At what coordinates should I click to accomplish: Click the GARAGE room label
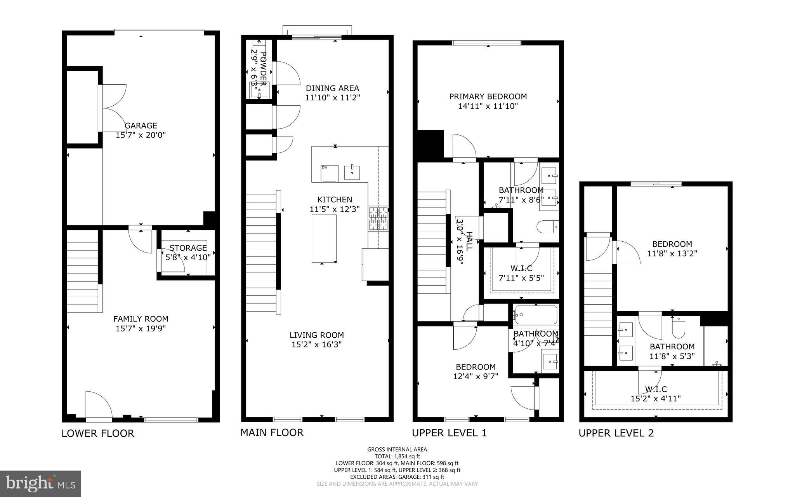click(x=141, y=126)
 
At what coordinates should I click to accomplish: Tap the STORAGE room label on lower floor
click(x=188, y=248)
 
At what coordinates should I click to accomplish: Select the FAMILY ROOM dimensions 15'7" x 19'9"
click(x=141, y=329)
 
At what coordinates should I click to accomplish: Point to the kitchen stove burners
click(x=378, y=218)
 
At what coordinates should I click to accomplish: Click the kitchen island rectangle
click(x=324, y=238)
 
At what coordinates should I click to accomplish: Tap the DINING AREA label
click(x=332, y=88)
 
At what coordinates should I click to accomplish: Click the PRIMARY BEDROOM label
click(x=488, y=96)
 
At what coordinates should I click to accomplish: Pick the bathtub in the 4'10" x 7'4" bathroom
click(x=535, y=315)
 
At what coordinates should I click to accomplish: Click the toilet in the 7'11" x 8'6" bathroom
click(x=548, y=227)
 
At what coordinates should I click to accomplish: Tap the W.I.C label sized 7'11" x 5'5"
click(x=521, y=268)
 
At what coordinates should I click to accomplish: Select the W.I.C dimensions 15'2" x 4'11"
click(x=656, y=398)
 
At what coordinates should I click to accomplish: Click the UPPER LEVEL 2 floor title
click(x=616, y=433)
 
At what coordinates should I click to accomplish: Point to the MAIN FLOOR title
click(x=272, y=432)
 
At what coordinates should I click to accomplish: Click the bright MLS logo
click(x=40, y=483)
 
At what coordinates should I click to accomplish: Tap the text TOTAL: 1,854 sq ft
click(x=397, y=456)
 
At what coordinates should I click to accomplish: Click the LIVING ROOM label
click(x=316, y=335)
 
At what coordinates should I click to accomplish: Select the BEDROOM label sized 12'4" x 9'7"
click(x=476, y=367)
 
